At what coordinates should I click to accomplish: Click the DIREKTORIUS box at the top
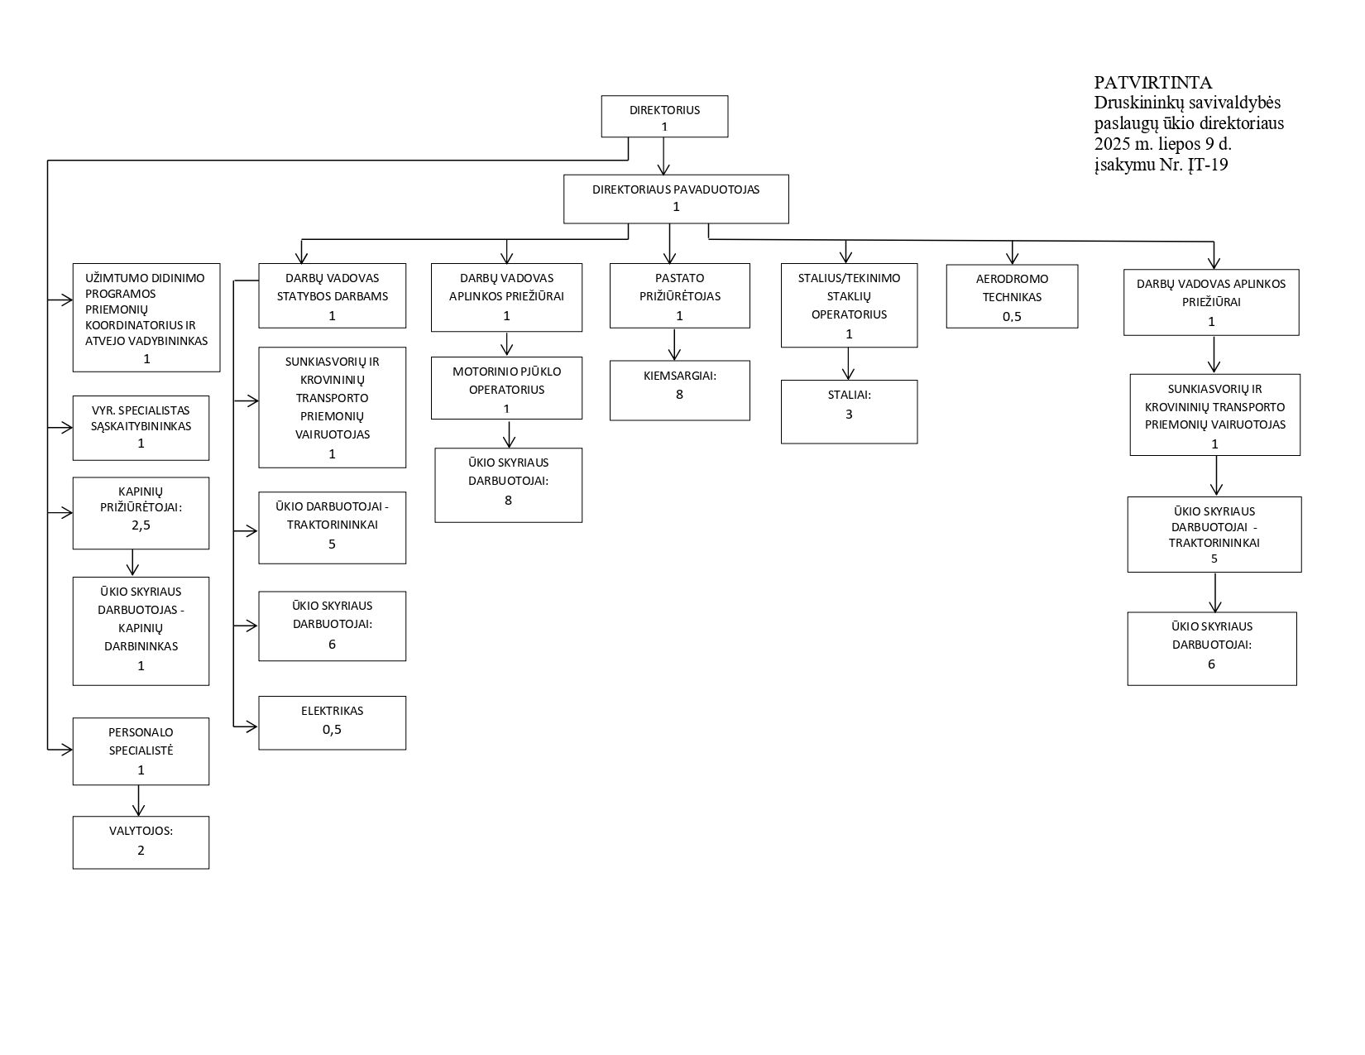pyautogui.click(x=664, y=116)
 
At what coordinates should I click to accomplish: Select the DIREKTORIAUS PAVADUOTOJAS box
pyautogui.click(x=676, y=199)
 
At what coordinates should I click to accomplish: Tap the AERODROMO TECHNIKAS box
pyautogui.click(x=1012, y=296)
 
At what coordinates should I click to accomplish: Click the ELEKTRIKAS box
pyautogui.click(x=333, y=722)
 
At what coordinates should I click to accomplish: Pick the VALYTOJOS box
pyautogui.click(x=141, y=842)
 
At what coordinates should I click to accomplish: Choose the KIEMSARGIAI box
pyautogui.click(x=680, y=391)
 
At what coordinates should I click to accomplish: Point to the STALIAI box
pyautogui.click(x=850, y=411)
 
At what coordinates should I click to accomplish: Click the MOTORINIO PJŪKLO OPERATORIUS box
pyautogui.click(x=506, y=388)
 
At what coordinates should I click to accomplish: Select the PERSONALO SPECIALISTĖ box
pyautogui.click(x=141, y=750)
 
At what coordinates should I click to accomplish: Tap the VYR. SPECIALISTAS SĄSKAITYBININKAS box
pyautogui.click(x=141, y=428)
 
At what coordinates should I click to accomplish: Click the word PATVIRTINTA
pyautogui.click(x=1153, y=82)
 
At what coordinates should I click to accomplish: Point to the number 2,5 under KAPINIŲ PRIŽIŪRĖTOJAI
pyautogui.click(x=141, y=525)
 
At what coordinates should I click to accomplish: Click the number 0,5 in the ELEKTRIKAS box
pyautogui.click(x=332, y=730)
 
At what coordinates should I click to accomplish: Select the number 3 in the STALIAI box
pyautogui.click(x=849, y=414)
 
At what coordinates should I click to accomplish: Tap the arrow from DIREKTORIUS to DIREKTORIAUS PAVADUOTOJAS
pyautogui.click(x=663, y=156)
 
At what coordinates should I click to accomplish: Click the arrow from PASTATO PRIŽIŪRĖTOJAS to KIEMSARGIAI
pyautogui.click(x=675, y=344)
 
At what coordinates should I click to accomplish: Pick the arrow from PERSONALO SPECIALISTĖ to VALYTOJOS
pyautogui.click(x=138, y=800)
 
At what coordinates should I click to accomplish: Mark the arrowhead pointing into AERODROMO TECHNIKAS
pyautogui.click(x=1012, y=257)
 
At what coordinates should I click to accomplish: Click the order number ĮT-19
pyautogui.click(x=1207, y=165)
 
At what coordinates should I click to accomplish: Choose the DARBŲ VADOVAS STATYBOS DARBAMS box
pyautogui.click(x=333, y=295)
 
